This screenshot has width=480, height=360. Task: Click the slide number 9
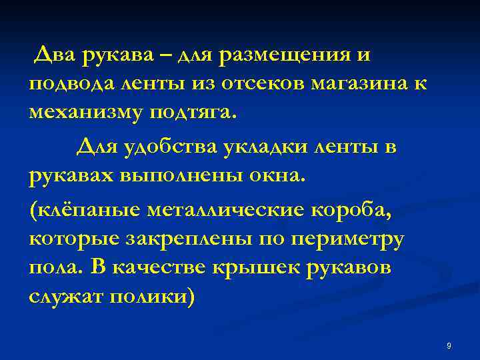point(449,345)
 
